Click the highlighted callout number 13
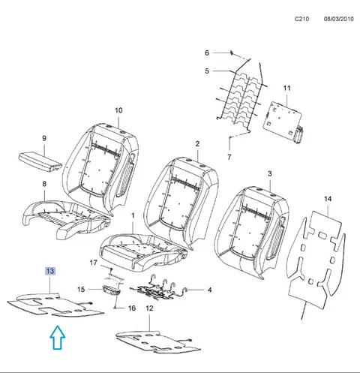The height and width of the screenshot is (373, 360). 50,271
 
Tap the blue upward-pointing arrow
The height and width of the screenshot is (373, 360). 58,337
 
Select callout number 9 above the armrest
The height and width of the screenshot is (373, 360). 44,138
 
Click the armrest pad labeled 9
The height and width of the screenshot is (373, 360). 40,163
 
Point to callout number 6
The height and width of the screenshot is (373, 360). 207,53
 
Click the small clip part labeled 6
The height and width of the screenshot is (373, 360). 232,53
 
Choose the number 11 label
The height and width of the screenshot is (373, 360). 287,88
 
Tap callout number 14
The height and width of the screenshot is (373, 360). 328,199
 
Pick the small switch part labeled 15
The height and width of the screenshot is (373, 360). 112,290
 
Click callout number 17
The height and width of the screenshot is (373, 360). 93,263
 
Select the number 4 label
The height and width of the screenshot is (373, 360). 210,290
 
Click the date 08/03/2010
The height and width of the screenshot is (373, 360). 339,19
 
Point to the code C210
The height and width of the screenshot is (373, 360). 301,19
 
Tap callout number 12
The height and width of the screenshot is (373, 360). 149,308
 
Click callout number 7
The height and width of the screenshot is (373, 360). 229,157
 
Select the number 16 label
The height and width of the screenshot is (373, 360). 132,308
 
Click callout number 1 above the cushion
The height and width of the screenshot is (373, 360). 133,215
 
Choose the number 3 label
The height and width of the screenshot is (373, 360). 269,173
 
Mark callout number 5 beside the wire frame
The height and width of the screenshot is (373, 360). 207,71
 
